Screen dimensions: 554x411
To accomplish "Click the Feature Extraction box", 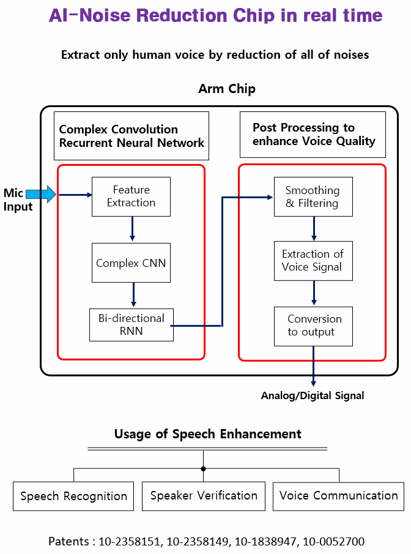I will point(131,197).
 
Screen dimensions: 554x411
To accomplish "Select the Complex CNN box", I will point(131,263).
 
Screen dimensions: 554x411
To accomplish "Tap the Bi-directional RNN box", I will point(131,324).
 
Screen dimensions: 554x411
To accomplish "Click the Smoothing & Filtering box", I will point(313,197).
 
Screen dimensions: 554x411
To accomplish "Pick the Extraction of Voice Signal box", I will point(313,260).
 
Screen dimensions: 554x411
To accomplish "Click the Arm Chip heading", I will point(227,89).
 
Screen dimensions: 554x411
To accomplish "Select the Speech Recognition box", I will point(73,496).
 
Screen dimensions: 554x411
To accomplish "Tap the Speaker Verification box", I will point(204,495).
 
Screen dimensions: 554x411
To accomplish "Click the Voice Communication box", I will point(338,495).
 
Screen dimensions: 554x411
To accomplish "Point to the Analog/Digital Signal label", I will point(313,395).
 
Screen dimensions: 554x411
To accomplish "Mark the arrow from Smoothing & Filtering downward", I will point(314,228).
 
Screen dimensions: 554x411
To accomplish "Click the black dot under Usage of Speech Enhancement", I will point(204,468).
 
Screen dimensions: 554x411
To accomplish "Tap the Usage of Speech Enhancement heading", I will point(208,434).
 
